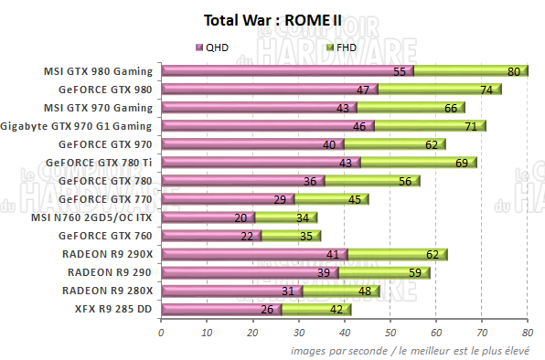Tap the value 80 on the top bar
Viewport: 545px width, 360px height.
click(514, 71)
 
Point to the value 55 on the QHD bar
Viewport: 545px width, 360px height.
click(400, 71)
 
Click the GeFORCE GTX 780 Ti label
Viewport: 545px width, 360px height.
click(102, 163)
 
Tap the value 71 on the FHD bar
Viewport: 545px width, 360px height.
click(471, 126)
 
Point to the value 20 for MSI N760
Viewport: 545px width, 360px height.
click(240, 217)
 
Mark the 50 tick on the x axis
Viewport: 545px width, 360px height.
click(390, 333)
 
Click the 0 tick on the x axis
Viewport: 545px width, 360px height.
click(162, 333)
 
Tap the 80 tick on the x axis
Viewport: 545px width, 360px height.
click(528, 333)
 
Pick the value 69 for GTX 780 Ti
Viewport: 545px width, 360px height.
click(462, 163)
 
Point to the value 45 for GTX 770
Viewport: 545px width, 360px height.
click(353, 199)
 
